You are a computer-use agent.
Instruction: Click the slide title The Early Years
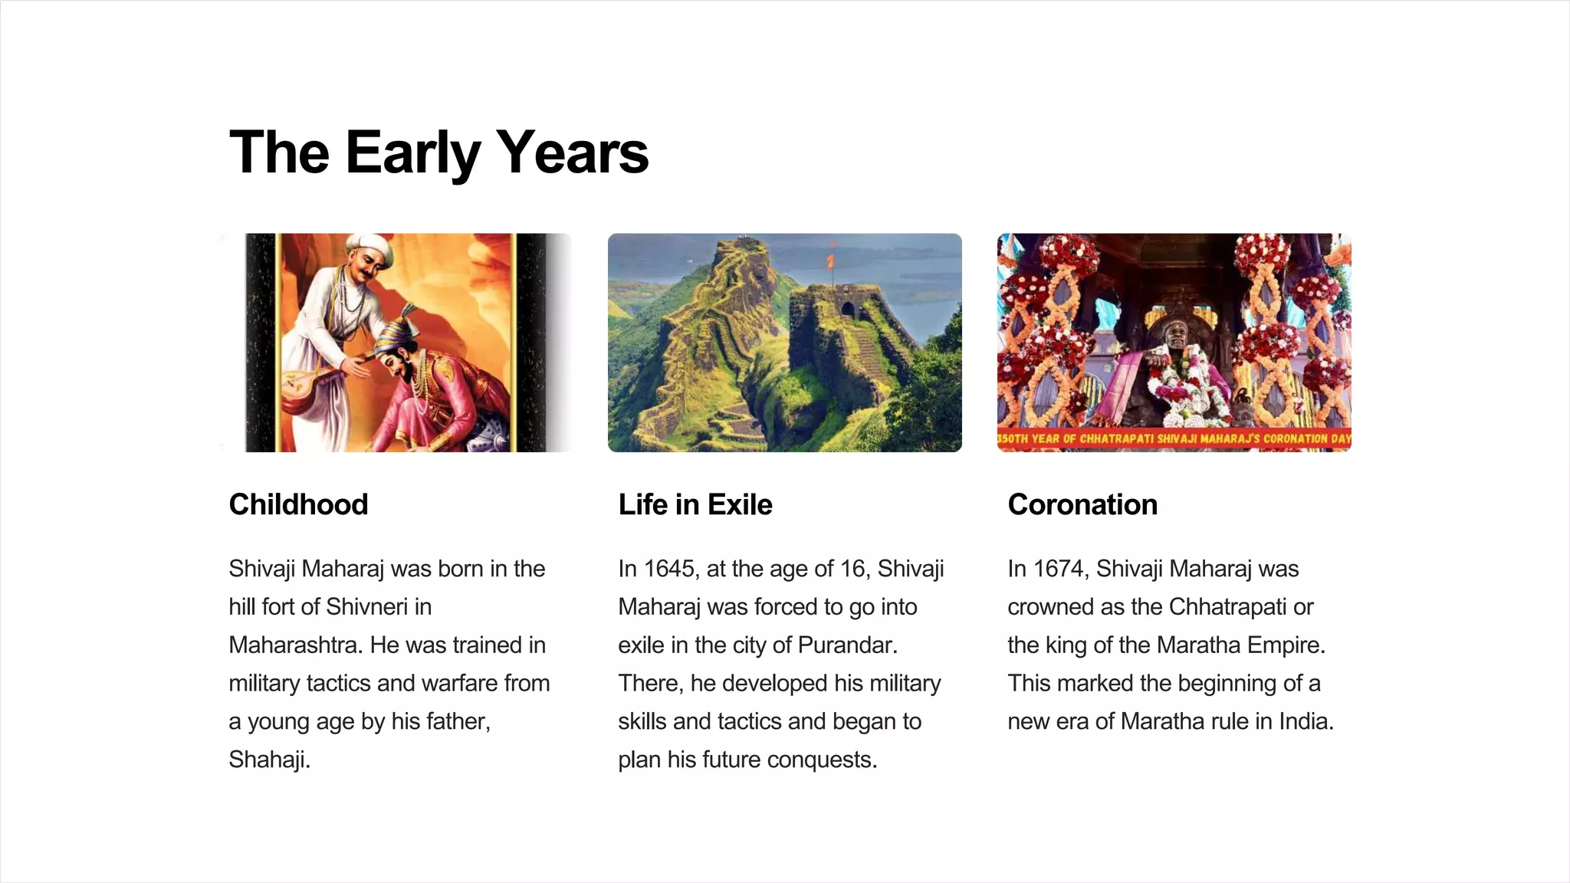pyautogui.click(x=438, y=153)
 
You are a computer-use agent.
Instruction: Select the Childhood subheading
pyautogui.click(x=298, y=505)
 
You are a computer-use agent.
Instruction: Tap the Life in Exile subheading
pyautogui.click(x=695, y=505)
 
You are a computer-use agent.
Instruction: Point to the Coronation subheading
pyautogui.click(x=1082, y=505)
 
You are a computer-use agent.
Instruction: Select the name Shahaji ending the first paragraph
pyautogui.click(x=268, y=760)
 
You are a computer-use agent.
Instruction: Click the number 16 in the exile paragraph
pyautogui.click(x=852, y=569)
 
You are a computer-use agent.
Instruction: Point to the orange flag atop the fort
pyautogui.click(x=830, y=261)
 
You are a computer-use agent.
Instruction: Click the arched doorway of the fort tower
pyautogui.click(x=848, y=310)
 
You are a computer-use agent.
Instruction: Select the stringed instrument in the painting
pyautogui.click(x=303, y=383)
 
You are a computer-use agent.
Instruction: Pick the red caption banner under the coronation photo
pyautogui.click(x=1174, y=439)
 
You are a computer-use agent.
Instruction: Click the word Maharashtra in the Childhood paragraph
pyautogui.click(x=295, y=645)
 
